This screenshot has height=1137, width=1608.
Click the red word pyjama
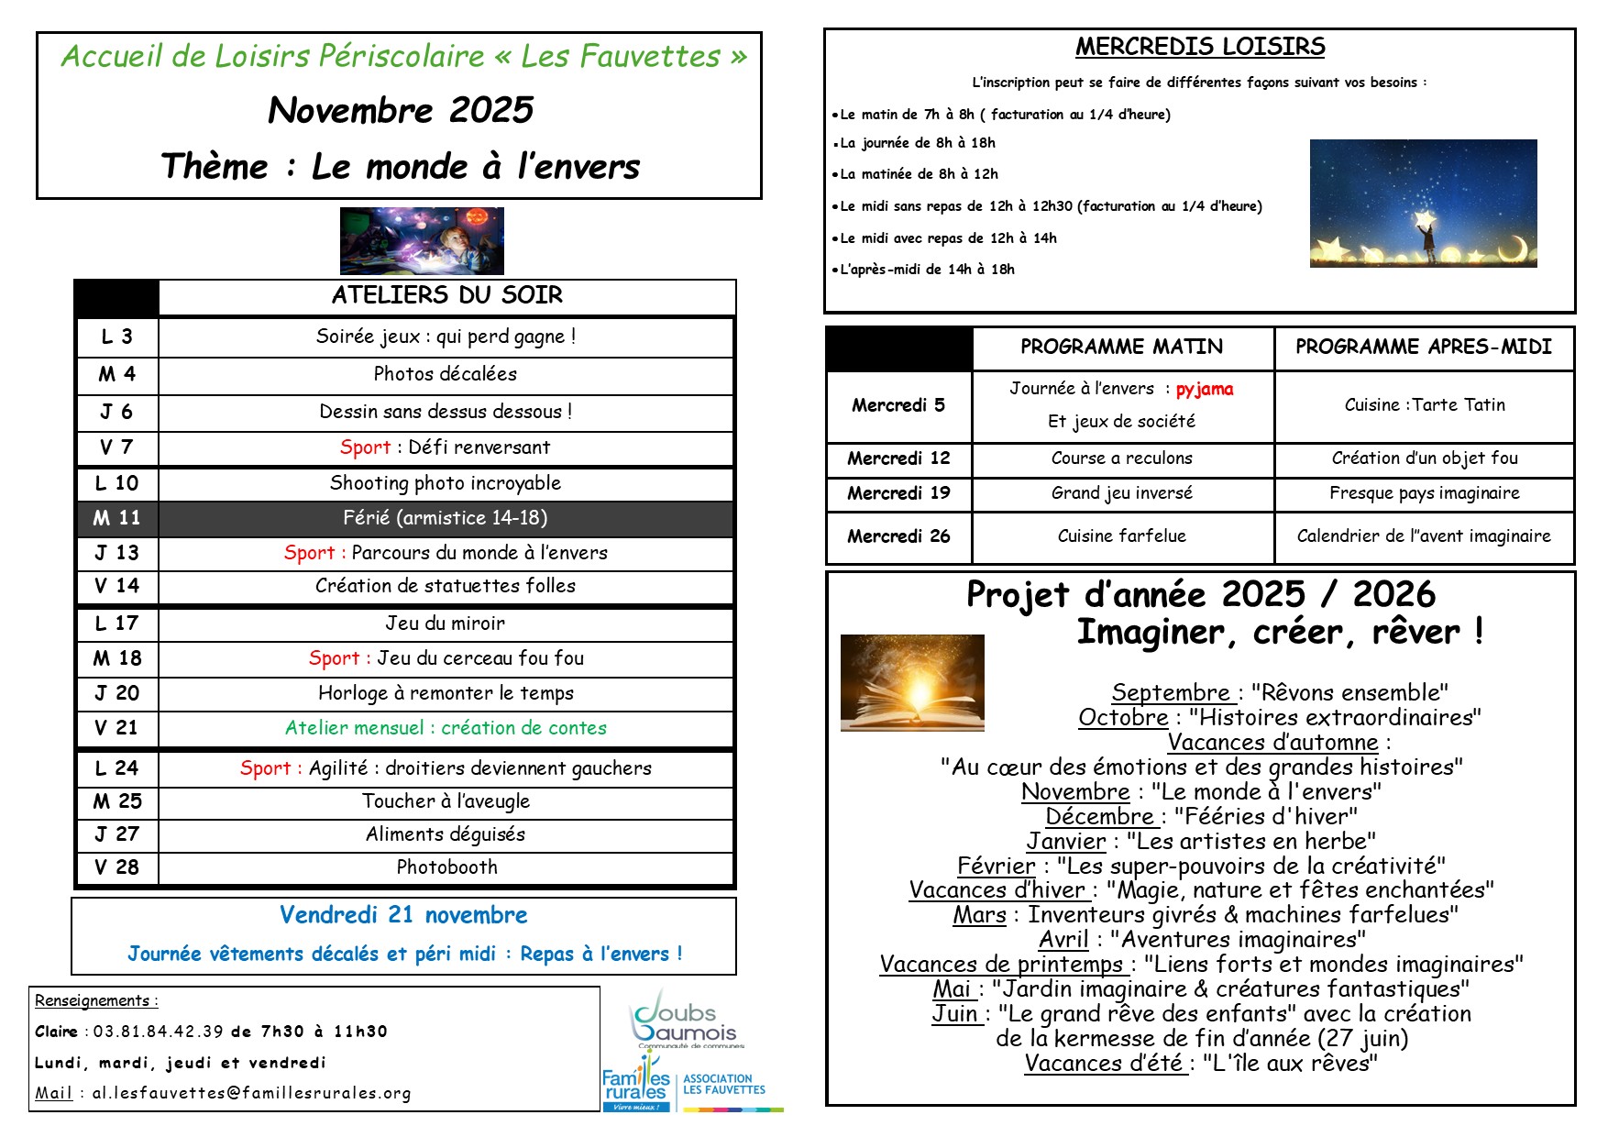pyautogui.click(x=1204, y=389)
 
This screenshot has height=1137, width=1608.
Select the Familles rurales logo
pyautogui.click(x=636, y=1086)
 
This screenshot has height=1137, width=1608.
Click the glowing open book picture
pyautogui.click(x=912, y=682)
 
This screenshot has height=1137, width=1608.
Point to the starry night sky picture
pyautogui.click(x=1423, y=204)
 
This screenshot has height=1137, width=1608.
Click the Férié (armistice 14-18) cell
pyautogui.click(x=446, y=518)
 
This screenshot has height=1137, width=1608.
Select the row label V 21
pyautogui.click(x=116, y=728)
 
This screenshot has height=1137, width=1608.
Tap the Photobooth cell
pyautogui.click(x=446, y=867)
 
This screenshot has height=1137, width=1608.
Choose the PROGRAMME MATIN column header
pyautogui.click(x=1121, y=347)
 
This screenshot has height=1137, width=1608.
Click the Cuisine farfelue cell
pyautogui.click(x=1121, y=536)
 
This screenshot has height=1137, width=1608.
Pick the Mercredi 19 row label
pyautogui.click(x=898, y=493)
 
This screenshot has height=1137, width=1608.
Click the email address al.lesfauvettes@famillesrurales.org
pyautogui.click(x=251, y=1093)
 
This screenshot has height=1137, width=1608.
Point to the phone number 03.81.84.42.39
pyautogui.click(x=158, y=1032)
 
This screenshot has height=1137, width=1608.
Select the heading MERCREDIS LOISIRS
pyautogui.click(x=1199, y=47)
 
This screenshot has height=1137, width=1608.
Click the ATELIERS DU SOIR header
pyautogui.click(x=446, y=295)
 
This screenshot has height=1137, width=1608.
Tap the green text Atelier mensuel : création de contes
pyautogui.click(x=446, y=728)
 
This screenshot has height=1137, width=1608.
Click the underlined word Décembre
pyautogui.click(x=1099, y=816)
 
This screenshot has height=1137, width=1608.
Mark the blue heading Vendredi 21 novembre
pyautogui.click(x=403, y=915)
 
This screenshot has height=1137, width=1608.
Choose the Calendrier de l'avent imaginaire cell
pyautogui.click(x=1423, y=536)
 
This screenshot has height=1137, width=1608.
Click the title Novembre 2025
pyautogui.click(x=401, y=110)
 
